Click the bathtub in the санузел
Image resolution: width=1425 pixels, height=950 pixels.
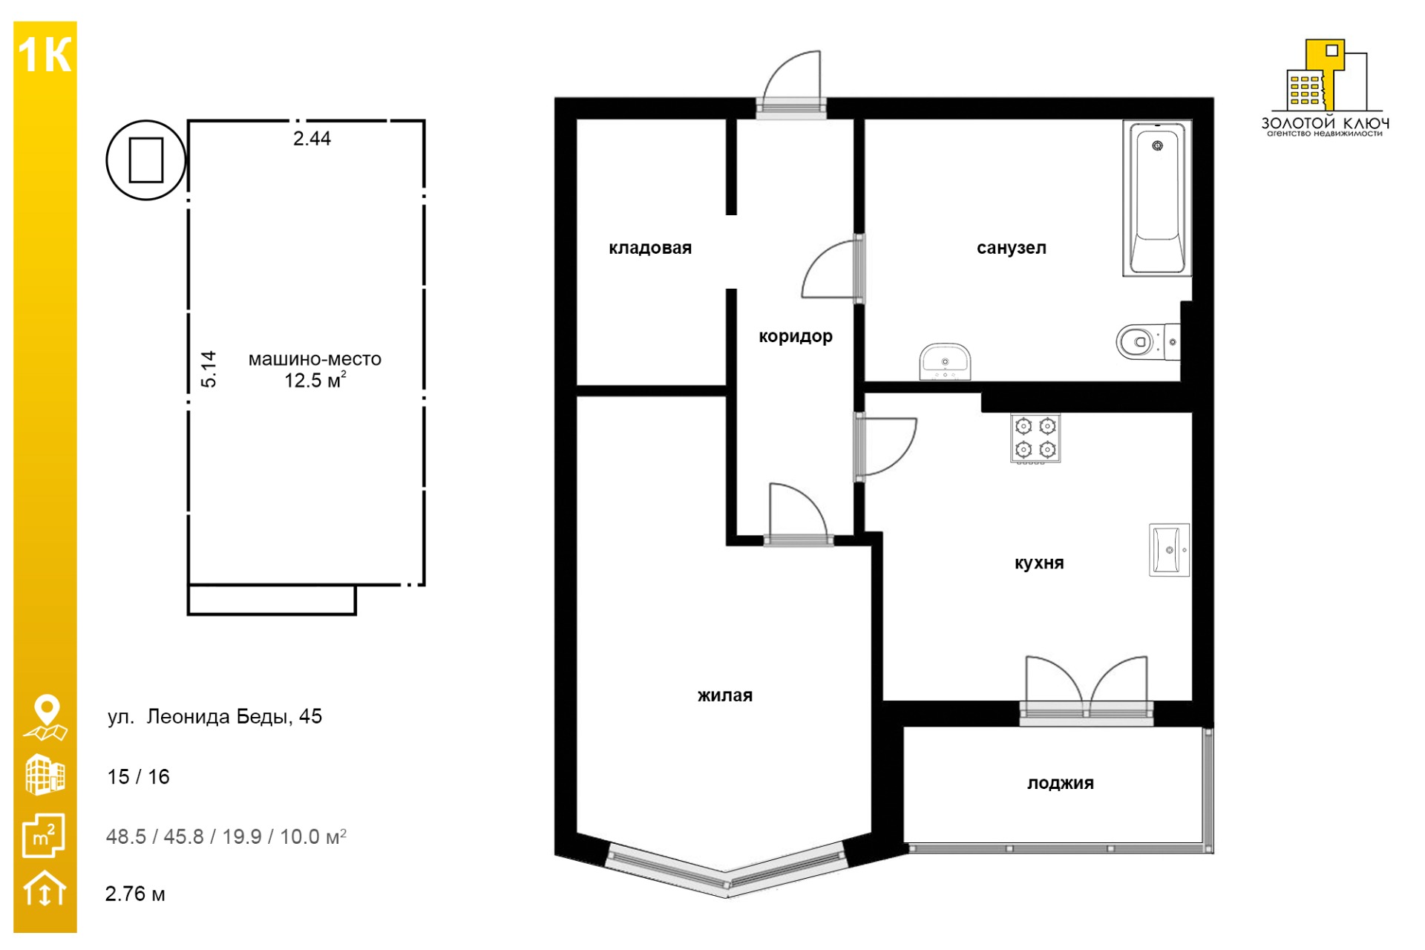(x=1157, y=198)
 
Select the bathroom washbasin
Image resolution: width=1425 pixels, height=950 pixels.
(x=945, y=362)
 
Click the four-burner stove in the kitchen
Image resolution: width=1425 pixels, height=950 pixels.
(x=1035, y=438)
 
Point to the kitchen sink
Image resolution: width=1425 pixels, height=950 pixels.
(x=1169, y=550)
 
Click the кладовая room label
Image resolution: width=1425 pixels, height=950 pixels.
(x=650, y=248)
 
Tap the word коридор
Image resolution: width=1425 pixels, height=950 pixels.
(x=796, y=336)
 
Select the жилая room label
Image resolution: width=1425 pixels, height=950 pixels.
(x=725, y=695)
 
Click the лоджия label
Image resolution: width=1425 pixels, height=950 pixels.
(x=1061, y=783)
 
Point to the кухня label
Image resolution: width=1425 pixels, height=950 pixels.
(x=1039, y=563)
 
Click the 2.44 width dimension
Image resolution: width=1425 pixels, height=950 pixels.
(x=312, y=139)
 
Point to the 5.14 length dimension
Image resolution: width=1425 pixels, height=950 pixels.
(x=209, y=369)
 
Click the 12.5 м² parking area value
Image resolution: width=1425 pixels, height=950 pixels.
(x=315, y=381)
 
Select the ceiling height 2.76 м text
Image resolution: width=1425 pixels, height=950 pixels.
(x=135, y=894)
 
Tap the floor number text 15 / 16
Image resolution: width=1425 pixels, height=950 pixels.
(x=139, y=777)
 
